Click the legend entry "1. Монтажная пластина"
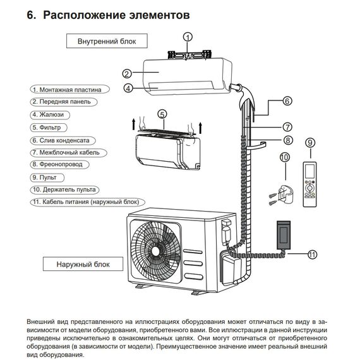pyautogui.click(x=66, y=90)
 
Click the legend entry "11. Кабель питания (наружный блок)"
pyautogui.click(x=85, y=201)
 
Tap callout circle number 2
pyautogui.click(x=126, y=73)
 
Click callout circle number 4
pyautogui.click(x=128, y=89)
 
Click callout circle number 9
pyautogui.click(x=309, y=143)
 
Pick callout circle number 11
pyautogui.click(x=312, y=255)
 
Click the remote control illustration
pyautogui.click(x=309, y=184)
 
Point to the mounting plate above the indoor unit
pyautogui.click(x=188, y=54)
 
